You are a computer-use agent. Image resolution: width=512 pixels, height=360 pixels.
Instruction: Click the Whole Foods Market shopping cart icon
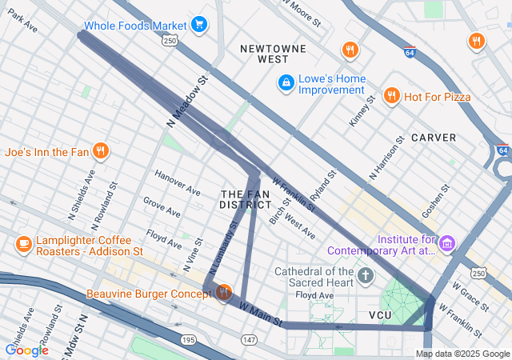click(199, 25)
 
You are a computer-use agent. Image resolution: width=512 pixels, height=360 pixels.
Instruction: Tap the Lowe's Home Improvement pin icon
click(285, 82)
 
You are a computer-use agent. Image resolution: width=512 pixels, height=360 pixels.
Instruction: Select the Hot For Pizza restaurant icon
click(391, 97)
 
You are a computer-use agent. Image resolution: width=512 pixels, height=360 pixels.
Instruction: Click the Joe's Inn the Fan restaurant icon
click(100, 150)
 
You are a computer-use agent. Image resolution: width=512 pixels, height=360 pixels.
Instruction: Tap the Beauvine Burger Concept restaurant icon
click(223, 292)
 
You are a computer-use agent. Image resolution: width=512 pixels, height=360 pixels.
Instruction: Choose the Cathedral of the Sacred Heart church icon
click(366, 277)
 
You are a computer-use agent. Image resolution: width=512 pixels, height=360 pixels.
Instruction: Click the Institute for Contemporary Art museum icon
click(446, 242)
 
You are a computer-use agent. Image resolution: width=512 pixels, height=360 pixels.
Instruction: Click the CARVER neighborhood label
click(434, 138)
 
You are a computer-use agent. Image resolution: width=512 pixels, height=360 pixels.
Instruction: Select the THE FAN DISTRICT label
click(245, 199)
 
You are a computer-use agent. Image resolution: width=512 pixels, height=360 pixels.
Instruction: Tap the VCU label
click(380, 315)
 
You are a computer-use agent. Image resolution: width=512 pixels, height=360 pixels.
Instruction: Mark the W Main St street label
click(261, 314)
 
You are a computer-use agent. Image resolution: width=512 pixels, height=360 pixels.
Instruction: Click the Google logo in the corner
click(26, 350)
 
